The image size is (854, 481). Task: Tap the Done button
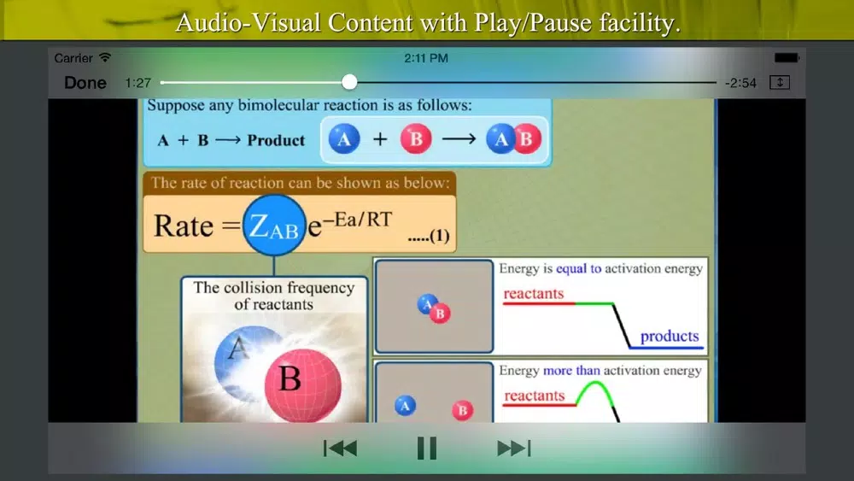(x=85, y=83)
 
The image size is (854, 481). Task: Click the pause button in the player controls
(x=426, y=449)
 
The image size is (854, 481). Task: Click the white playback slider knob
(x=349, y=82)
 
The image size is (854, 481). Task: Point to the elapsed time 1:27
(x=137, y=83)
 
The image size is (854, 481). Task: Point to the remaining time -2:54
(x=740, y=84)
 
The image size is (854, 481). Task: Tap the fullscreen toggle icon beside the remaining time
(x=780, y=82)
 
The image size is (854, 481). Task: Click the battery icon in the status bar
(x=787, y=58)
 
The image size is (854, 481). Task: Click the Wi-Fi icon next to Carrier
(x=105, y=57)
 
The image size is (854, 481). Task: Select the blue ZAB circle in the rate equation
(x=274, y=226)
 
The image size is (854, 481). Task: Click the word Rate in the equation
(x=183, y=226)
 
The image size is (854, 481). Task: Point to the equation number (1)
(x=439, y=236)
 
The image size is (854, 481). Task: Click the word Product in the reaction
(x=276, y=141)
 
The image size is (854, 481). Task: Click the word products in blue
(x=670, y=336)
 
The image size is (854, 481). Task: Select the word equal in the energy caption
(x=571, y=269)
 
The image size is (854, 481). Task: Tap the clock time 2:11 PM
(x=426, y=58)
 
